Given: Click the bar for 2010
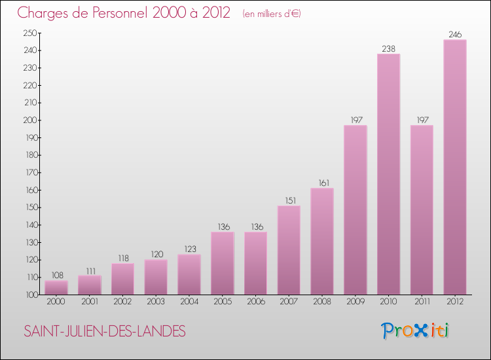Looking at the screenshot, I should pos(388,174).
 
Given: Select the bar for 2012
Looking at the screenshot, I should pos(455,167).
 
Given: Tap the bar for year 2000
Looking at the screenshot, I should pos(56,287).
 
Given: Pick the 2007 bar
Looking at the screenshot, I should pos(289,250).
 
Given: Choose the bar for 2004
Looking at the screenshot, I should pos(189,274).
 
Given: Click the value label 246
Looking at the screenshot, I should pos(455,35).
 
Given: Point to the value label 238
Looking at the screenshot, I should pos(388,48).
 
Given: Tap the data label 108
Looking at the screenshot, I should pos(56,276).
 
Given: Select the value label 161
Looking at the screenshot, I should pos(322,183).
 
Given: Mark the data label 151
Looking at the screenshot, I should pos(289,200).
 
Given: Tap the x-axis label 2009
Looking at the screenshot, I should pos(355,302).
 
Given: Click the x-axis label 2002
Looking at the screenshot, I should pos(122,302).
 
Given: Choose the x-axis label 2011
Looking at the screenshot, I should pos(422,302).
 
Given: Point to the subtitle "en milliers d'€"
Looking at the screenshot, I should pos(271,14).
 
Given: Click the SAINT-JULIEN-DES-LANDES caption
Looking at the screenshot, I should pos(105,331).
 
